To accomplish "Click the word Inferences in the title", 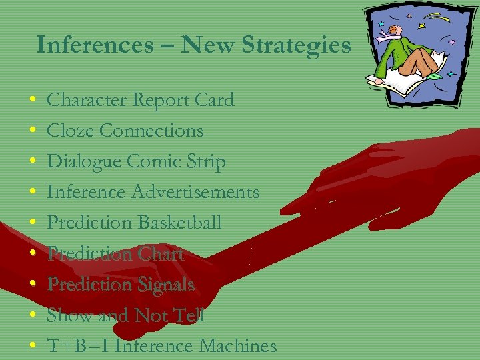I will point(95,45).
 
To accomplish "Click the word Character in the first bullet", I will point(87,101).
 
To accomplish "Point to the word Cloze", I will point(70,131).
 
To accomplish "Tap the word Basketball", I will point(179,223).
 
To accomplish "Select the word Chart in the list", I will point(160,253).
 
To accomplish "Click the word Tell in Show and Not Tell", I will point(189,315).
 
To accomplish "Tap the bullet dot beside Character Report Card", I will point(33,101).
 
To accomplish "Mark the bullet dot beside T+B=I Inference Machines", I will point(33,347).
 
